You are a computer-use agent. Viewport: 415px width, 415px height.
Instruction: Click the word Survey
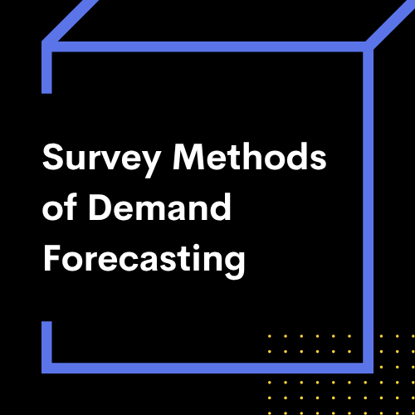(x=101, y=160)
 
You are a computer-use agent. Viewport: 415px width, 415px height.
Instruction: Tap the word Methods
(x=250, y=156)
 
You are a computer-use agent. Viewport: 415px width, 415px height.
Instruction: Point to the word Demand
(x=159, y=207)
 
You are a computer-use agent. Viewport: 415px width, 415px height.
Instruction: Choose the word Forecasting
(x=144, y=261)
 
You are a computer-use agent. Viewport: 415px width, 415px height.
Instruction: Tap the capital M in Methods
(x=188, y=156)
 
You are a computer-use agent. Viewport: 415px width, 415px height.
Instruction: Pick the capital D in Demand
(x=100, y=207)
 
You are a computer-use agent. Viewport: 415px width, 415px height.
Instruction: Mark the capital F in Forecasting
(x=52, y=257)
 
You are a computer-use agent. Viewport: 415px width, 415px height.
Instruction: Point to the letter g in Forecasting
(x=234, y=265)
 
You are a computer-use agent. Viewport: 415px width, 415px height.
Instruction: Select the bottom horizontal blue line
(x=207, y=368)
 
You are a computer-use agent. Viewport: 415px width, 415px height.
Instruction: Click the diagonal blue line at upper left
(x=71, y=21)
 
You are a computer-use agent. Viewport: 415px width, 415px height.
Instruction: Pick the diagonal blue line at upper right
(x=391, y=23)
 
